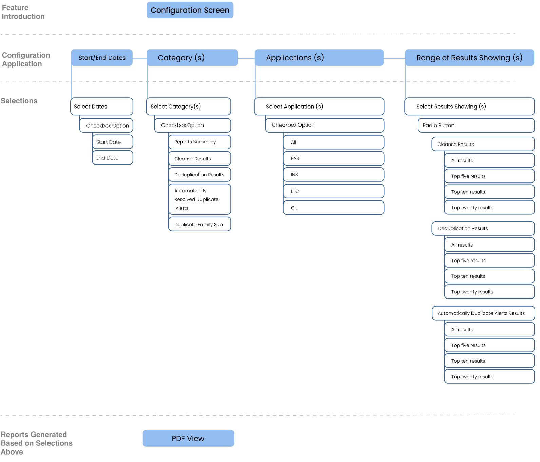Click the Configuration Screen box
click(190, 10)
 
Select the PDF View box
click(188, 438)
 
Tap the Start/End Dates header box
click(102, 58)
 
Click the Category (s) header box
click(192, 58)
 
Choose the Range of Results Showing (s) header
click(469, 58)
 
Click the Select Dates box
click(102, 107)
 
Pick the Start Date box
click(113, 142)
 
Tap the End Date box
click(113, 158)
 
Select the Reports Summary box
click(199, 142)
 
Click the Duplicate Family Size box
click(199, 224)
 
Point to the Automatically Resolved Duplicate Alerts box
click(199, 199)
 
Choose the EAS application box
click(334, 158)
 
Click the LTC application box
click(334, 191)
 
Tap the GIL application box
click(334, 208)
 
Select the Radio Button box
click(476, 125)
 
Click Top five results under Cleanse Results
click(489, 176)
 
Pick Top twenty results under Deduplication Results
click(489, 292)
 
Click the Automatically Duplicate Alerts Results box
click(483, 313)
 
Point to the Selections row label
click(19, 101)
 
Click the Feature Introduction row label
click(23, 12)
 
